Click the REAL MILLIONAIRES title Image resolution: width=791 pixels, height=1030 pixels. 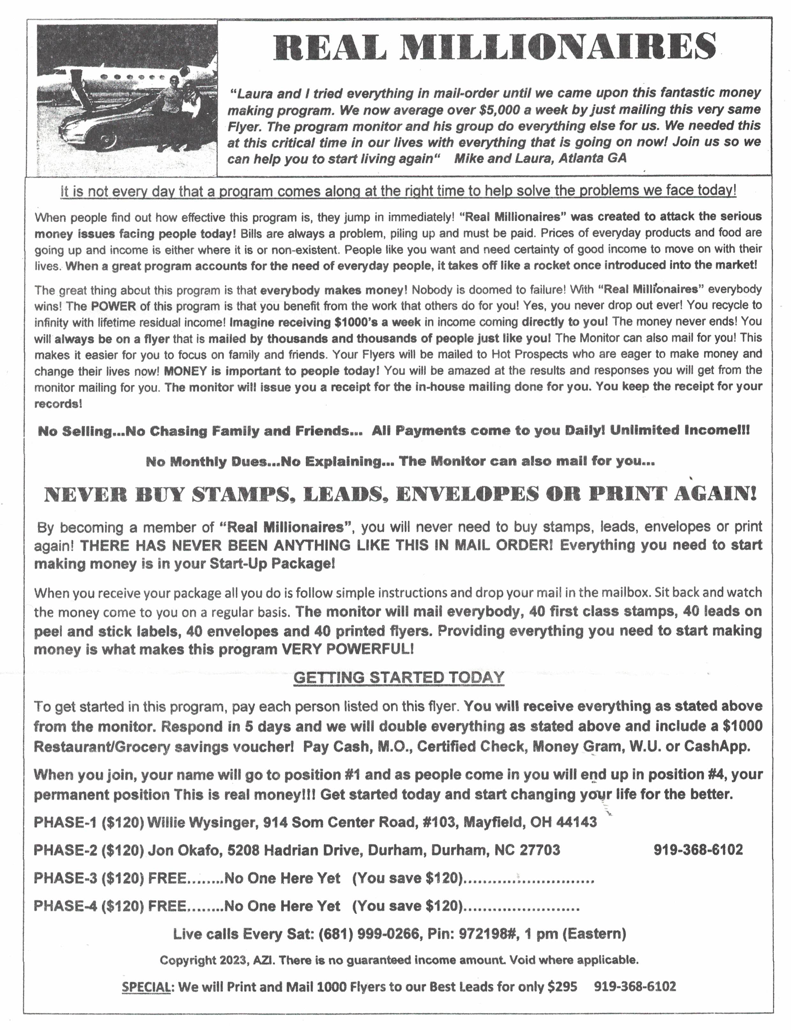pos(494,46)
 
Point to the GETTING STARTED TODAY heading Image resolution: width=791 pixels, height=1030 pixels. pos(399,678)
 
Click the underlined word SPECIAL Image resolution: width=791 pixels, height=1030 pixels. pos(146,986)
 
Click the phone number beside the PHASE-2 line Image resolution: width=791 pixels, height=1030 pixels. pos(698,850)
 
